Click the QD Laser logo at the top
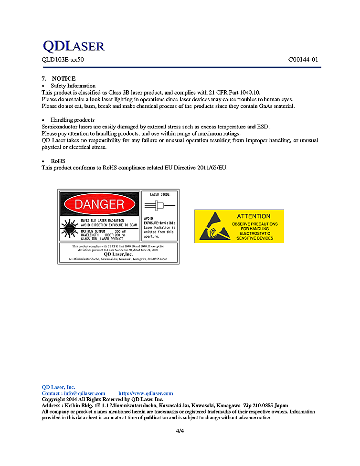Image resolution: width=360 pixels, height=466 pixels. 73,46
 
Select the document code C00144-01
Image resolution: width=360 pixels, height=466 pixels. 303,60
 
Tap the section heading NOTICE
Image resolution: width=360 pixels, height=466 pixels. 64,79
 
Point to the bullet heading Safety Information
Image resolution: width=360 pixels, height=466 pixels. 73,86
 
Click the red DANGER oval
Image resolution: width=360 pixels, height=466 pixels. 99,204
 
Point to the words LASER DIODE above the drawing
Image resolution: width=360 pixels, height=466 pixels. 159,195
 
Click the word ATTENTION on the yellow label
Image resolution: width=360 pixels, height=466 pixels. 254,216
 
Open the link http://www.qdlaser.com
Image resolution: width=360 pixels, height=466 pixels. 146,393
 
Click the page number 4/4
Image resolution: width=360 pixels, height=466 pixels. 180,431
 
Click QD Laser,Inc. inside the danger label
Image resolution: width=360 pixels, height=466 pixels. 119,254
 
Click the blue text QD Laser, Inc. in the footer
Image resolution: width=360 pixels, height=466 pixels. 58,387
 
